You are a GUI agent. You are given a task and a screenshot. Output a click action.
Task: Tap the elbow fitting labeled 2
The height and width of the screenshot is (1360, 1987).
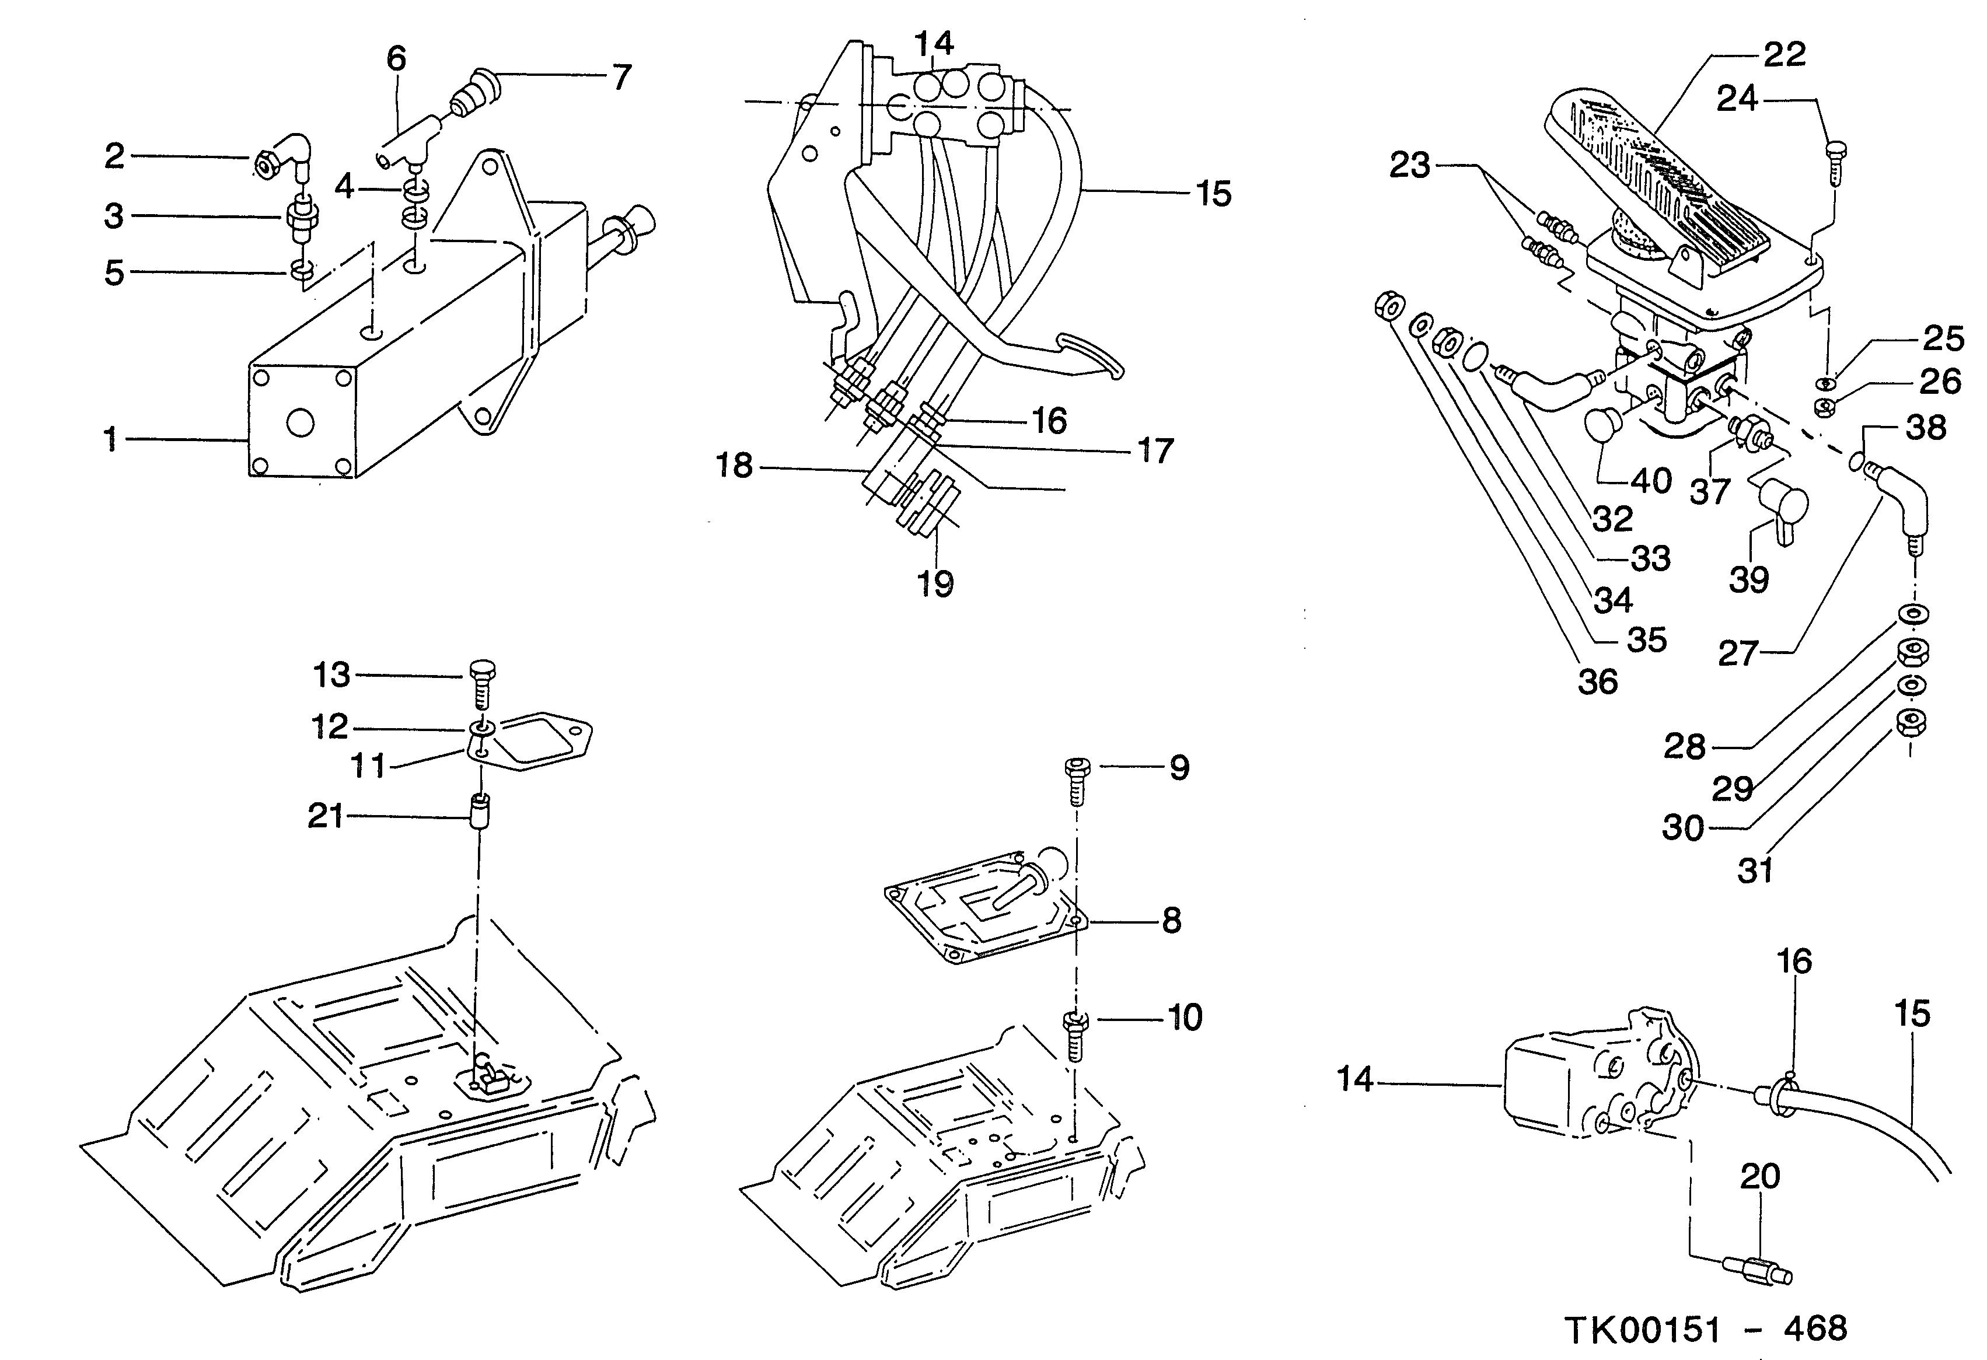pos(285,158)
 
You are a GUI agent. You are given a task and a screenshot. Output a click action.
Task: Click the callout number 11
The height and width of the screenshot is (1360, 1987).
pos(368,766)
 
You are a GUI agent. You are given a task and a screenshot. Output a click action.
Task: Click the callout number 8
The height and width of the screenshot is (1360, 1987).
pos(1171,921)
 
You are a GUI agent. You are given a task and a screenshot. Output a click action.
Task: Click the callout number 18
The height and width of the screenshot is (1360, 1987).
pos(734,466)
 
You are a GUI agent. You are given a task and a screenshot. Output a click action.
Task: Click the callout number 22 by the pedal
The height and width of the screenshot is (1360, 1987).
pos(1785,55)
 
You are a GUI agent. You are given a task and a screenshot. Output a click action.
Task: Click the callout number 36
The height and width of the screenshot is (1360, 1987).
pos(1597,681)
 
